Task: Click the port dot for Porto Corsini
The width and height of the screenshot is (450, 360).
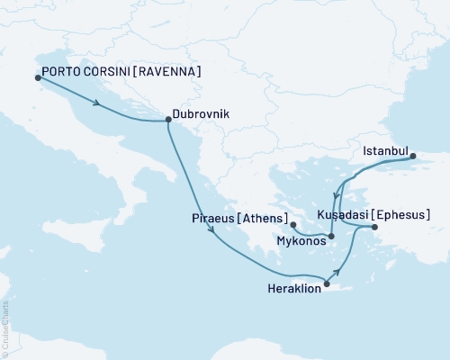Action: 38,77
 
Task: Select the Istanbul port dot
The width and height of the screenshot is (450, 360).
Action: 414,156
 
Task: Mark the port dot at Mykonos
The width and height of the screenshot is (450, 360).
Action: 332,237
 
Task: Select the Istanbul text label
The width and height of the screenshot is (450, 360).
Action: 385,151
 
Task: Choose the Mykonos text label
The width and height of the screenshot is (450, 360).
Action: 301,241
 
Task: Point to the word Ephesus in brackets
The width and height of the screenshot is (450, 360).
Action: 400,215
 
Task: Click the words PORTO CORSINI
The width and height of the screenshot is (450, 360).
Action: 85,72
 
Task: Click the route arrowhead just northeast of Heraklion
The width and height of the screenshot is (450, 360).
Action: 339,272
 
